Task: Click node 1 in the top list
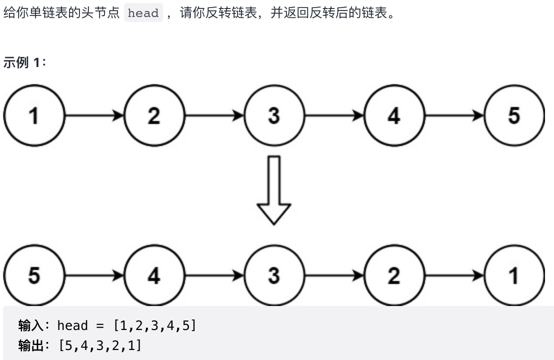[34, 115]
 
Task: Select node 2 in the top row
[154, 115]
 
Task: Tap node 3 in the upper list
[274, 115]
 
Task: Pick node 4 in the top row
[394, 115]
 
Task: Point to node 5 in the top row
[514, 115]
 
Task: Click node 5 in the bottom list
[34, 275]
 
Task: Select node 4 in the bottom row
[154, 275]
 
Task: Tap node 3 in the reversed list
[274, 275]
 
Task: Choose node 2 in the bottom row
[394, 275]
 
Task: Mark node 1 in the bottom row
[514, 275]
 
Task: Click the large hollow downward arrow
[274, 190]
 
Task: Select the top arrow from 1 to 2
[94, 115]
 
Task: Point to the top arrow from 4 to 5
[454, 115]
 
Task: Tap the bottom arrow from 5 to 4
[94, 275]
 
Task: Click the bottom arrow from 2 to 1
[454, 275]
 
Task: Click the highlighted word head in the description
[143, 13]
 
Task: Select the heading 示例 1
[24, 62]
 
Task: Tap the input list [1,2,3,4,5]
[154, 326]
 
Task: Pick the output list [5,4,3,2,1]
[100, 345]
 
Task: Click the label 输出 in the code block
[30, 345]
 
